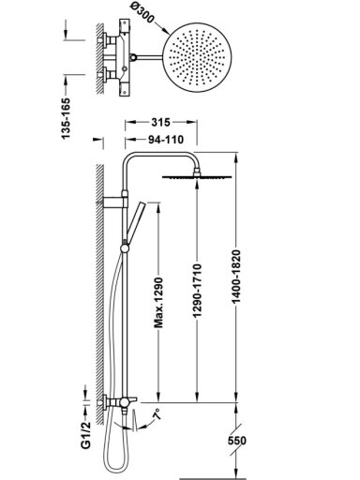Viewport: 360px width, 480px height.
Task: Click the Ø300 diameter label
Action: coord(141,13)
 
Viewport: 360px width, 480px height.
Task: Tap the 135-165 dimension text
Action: coord(67,119)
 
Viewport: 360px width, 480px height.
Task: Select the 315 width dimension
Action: coord(160,122)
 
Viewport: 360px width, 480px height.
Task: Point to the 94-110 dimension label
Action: coord(166,140)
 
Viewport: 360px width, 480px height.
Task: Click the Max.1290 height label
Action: coord(159,302)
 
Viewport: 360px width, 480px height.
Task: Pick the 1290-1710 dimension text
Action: coord(197,292)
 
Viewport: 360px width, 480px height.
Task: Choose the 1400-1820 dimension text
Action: coord(236,276)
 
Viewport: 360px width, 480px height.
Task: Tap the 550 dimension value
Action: coord(237,441)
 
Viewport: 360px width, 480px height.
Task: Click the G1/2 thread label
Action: coord(85,435)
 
